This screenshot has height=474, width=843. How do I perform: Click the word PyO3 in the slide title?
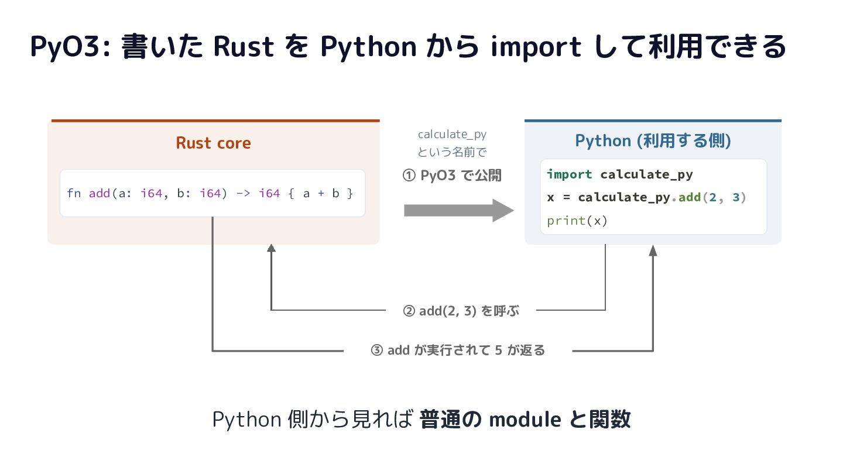point(66,47)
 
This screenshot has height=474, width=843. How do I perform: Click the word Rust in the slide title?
point(244,47)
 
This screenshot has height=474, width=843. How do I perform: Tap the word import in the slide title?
point(536,47)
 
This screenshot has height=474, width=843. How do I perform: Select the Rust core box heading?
point(213,143)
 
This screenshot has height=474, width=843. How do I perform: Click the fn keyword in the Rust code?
point(74,193)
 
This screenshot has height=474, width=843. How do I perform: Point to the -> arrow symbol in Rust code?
point(243,193)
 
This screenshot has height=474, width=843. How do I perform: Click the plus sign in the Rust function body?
point(321,193)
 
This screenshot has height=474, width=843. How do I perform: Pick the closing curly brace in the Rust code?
point(350,193)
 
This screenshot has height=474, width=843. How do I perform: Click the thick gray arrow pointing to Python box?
point(459,210)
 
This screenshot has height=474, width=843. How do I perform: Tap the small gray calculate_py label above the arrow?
point(452,135)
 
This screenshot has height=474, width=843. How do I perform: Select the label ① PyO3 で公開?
point(452,176)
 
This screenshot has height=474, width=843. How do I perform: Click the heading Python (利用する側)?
point(653,140)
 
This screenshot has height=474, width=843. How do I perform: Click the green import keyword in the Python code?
point(570,174)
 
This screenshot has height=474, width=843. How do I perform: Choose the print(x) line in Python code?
point(577,221)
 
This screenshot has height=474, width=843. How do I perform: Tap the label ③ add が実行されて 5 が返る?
point(458,350)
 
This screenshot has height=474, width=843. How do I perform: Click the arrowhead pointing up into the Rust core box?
point(271,248)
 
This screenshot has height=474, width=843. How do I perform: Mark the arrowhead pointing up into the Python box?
point(653,250)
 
